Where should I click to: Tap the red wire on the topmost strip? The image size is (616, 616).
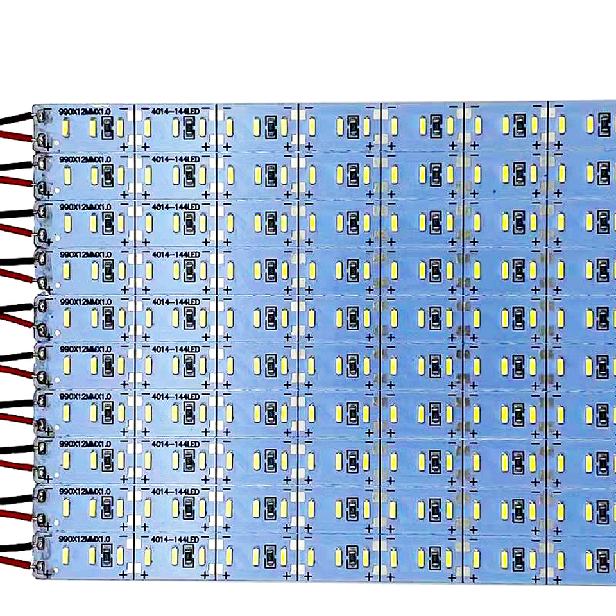point(16,135)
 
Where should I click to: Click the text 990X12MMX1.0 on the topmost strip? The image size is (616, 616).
point(85,111)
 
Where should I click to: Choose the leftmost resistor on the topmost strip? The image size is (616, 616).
point(107,128)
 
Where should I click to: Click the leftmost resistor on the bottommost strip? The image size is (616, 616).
point(107,554)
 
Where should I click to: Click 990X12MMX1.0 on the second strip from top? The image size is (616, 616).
point(85,158)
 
